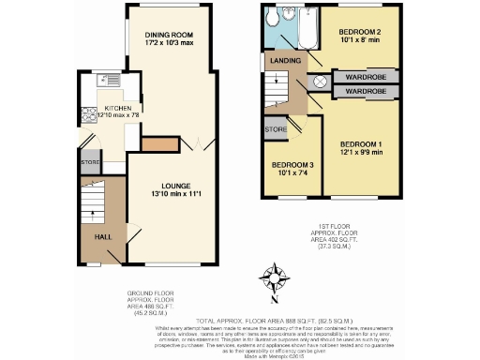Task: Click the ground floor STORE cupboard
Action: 90,163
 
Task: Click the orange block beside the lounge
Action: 155,145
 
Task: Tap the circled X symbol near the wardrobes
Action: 319,82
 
